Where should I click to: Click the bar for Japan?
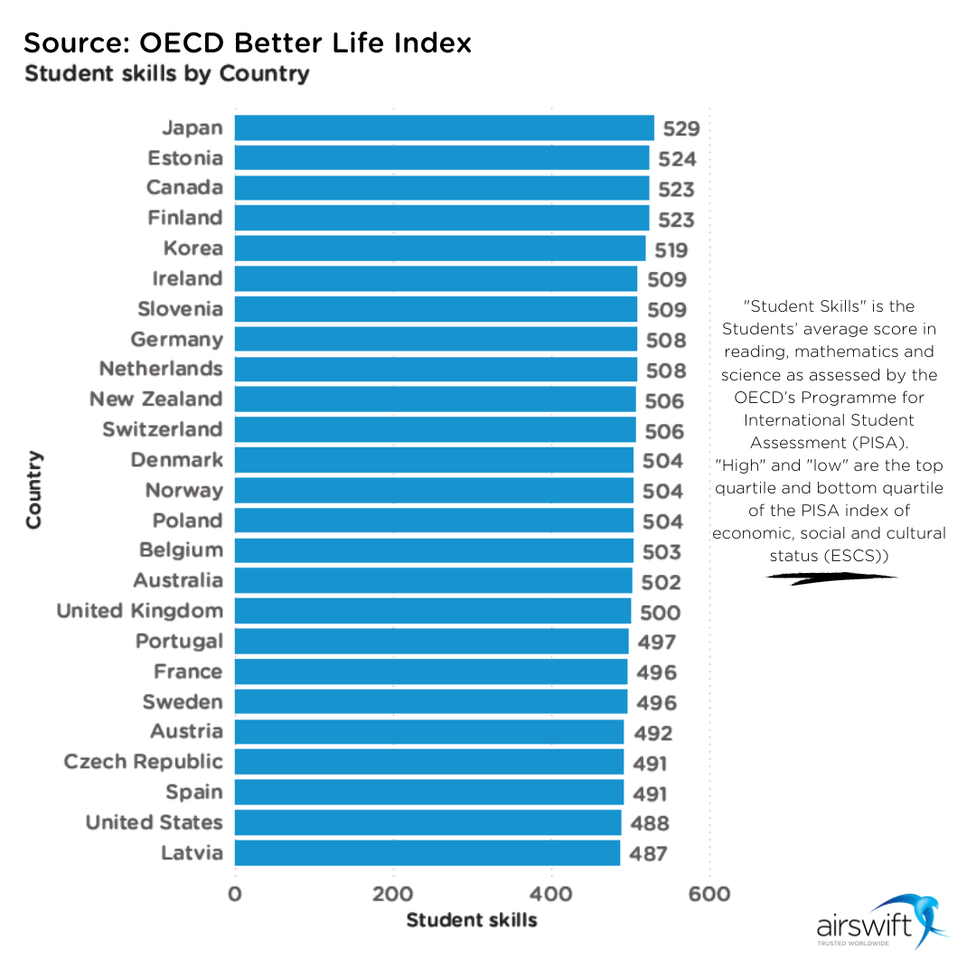(x=444, y=127)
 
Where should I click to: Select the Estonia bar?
(x=442, y=158)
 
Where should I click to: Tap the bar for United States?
(x=427, y=822)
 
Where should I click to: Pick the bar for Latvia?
(x=427, y=853)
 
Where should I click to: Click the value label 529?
(x=681, y=128)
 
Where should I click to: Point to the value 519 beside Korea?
(x=671, y=250)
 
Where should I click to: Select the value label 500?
(x=660, y=613)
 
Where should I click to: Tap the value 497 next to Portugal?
(x=657, y=643)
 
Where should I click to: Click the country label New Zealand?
(x=155, y=399)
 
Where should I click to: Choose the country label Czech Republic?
(x=143, y=762)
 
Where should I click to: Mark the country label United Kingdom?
(x=139, y=611)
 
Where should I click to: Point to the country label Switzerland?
(x=162, y=429)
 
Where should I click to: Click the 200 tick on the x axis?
(x=393, y=895)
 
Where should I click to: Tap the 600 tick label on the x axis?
(x=709, y=895)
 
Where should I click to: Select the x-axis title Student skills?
(x=472, y=921)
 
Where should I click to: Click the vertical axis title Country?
(x=33, y=489)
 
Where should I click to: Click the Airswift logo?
(x=882, y=922)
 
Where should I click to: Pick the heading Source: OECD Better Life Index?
(x=248, y=42)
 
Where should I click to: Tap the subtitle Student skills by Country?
(x=166, y=73)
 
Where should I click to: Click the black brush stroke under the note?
(x=831, y=577)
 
